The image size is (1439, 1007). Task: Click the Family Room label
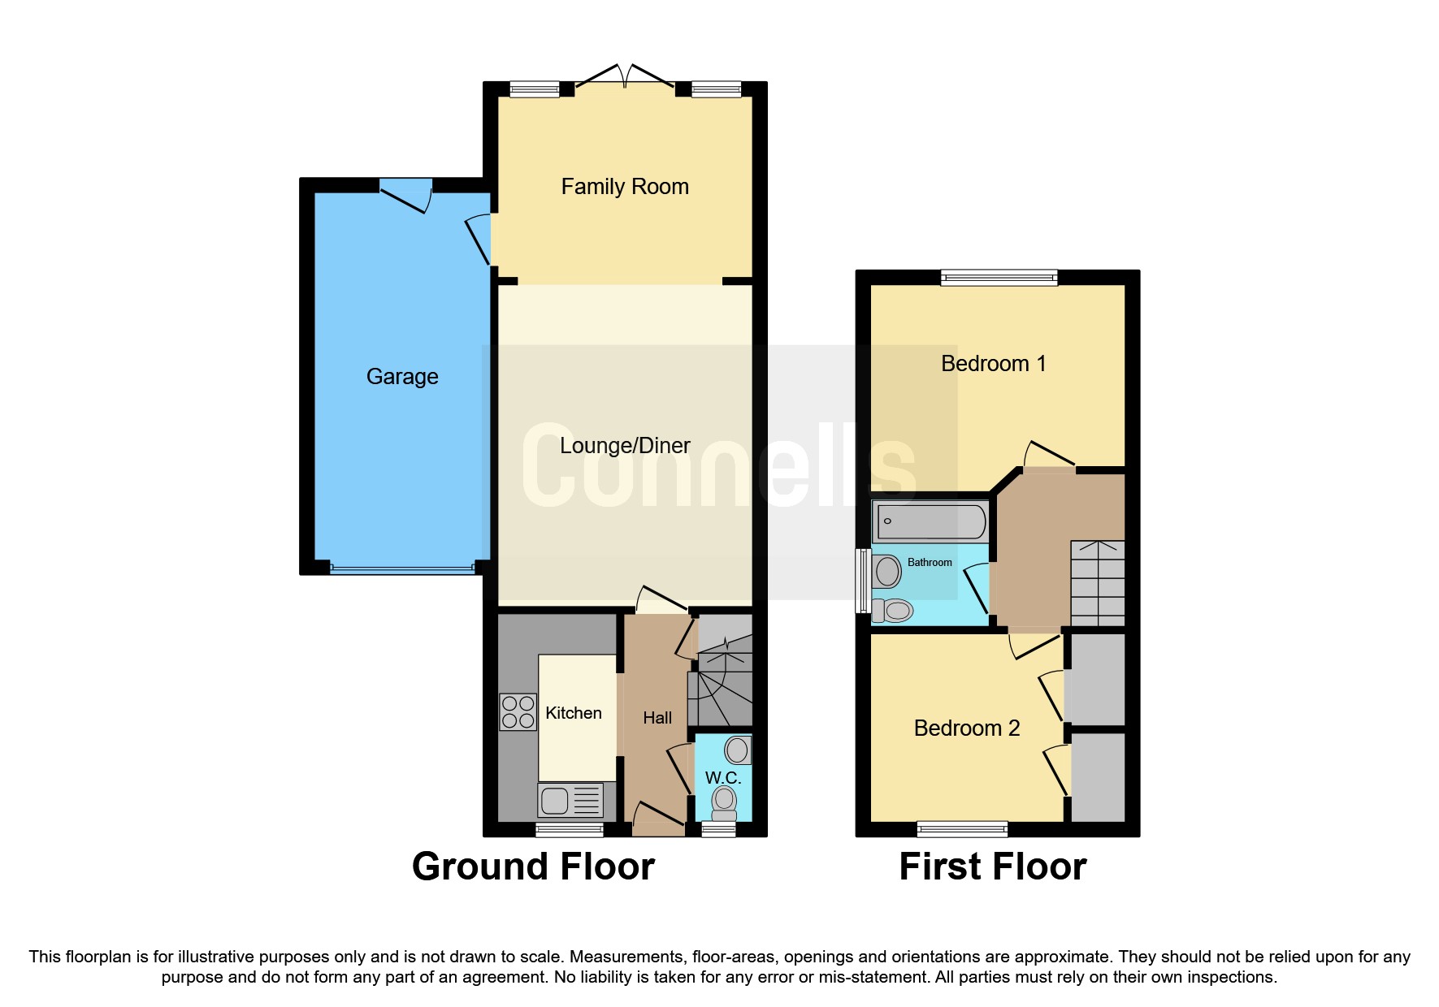(x=624, y=187)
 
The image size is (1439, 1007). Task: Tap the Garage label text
(x=402, y=377)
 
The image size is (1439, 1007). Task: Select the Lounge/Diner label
(x=624, y=446)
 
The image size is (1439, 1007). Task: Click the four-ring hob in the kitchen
(x=518, y=712)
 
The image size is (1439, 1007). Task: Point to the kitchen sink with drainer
(x=570, y=801)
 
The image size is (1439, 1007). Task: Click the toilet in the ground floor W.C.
(x=724, y=803)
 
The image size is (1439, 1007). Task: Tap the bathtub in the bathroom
(x=930, y=521)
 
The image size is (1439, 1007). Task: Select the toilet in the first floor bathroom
(x=893, y=610)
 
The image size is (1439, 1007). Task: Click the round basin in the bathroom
(x=887, y=572)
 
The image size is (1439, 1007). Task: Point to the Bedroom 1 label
(x=993, y=364)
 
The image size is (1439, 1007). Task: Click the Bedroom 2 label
(x=966, y=728)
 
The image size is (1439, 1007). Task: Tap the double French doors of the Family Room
(x=625, y=77)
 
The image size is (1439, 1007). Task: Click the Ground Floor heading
(x=533, y=867)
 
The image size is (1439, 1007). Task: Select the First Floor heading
(x=992, y=867)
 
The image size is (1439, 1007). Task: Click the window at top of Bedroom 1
(x=999, y=278)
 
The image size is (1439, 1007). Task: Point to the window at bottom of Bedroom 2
(x=962, y=829)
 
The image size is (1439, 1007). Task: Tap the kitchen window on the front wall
(x=569, y=829)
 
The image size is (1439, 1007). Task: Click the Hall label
(x=657, y=718)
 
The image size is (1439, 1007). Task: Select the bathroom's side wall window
(x=862, y=581)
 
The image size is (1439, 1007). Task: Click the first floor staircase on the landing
(x=1097, y=583)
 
